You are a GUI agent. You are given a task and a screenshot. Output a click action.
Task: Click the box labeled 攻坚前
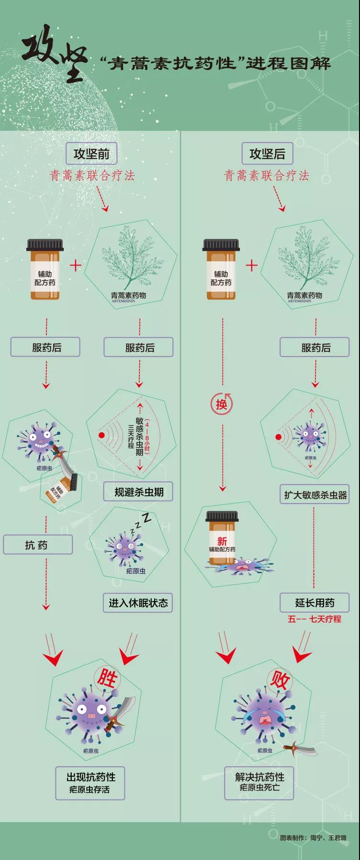[x=91, y=154]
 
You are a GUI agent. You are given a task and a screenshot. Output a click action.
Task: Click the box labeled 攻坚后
[x=267, y=154]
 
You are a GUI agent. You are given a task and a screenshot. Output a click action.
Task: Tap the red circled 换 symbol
[x=221, y=404]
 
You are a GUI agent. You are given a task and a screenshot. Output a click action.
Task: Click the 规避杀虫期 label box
[x=138, y=491]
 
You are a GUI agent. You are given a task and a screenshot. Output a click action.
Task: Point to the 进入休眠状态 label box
[x=138, y=603]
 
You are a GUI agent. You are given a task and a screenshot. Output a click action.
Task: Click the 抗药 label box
[x=37, y=545]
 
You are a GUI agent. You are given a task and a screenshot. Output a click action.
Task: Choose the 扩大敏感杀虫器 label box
[x=315, y=495]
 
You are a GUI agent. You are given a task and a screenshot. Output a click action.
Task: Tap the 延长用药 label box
[x=315, y=603]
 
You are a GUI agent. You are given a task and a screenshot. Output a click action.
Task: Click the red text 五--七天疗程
[x=315, y=619]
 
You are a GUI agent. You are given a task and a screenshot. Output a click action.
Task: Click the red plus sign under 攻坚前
[x=76, y=265]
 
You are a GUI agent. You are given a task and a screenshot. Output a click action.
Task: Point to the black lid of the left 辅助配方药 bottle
[x=44, y=245]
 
